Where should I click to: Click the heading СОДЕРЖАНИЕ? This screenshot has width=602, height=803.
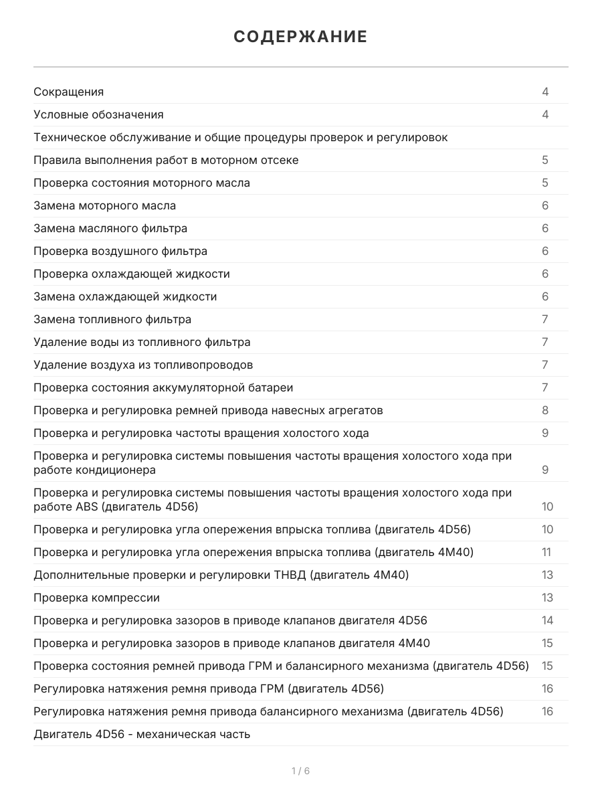(300, 37)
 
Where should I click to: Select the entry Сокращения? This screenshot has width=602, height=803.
(68, 92)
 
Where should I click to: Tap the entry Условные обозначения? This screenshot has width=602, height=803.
(98, 114)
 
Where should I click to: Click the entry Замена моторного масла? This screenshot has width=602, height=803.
(104, 205)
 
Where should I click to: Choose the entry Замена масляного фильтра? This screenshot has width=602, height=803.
(110, 228)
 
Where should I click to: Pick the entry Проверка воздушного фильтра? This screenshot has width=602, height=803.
(120, 251)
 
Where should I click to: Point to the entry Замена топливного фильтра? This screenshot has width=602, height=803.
(112, 319)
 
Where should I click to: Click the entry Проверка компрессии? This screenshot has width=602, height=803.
(96, 598)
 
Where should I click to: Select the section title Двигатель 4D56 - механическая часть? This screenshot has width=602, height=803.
(142, 734)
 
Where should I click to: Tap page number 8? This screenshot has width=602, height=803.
(545, 410)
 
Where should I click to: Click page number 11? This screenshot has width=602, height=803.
(546, 552)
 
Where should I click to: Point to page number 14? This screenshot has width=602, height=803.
(547, 620)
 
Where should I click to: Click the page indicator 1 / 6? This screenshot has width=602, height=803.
(300, 771)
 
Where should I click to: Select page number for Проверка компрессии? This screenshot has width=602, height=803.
(547, 598)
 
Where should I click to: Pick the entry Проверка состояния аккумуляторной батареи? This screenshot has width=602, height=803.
(163, 387)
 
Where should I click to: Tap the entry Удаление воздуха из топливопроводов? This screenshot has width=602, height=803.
(143, 365)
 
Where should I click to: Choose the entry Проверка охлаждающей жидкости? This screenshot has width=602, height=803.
(132, 274)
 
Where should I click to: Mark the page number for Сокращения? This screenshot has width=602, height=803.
(545, 92)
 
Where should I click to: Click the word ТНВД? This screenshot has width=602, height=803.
(290, 575)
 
